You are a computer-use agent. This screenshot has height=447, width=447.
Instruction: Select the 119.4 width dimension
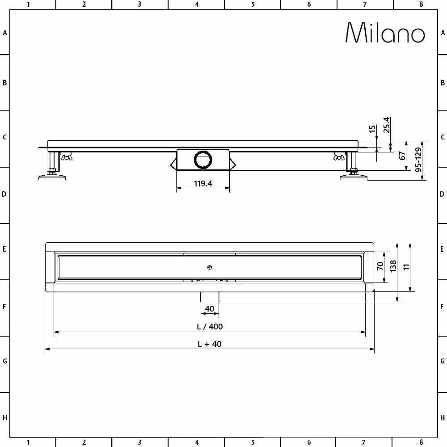[x=203, y=183]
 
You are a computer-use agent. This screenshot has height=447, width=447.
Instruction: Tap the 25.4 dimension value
[x=387, y=125]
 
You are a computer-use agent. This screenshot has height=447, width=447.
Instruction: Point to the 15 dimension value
[x=372, y=130]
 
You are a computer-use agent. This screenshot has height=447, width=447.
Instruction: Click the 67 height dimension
[x=402, y=156]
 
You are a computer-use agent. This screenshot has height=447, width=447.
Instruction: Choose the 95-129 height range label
[x=419, y=160]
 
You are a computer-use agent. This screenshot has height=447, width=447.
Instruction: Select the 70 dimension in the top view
[x=380, y=267]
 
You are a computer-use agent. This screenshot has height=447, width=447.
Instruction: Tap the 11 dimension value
[x=407, y=267]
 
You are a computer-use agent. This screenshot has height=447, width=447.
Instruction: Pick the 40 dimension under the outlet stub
[x=209, y=308]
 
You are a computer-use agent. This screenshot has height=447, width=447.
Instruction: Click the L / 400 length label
[x=210, y=326]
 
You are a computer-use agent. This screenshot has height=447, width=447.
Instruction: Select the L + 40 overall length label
[x=210, y=344]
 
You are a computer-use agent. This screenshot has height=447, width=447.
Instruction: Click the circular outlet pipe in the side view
[x=204, y=160]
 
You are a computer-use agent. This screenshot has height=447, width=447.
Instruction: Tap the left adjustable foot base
[x=53, y=178]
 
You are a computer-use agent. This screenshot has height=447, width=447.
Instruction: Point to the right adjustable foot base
[x=354, y=178]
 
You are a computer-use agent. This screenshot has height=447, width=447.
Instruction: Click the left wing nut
[x=67, y=156]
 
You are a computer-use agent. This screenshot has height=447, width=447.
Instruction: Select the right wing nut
[x=338, y=156]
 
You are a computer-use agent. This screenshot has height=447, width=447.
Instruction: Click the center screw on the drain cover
[x=209, y=267]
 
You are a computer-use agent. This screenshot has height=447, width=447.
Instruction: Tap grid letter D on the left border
[x=4, y=195]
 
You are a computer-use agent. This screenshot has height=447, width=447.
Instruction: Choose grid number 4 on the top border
[x=197, y=4]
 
